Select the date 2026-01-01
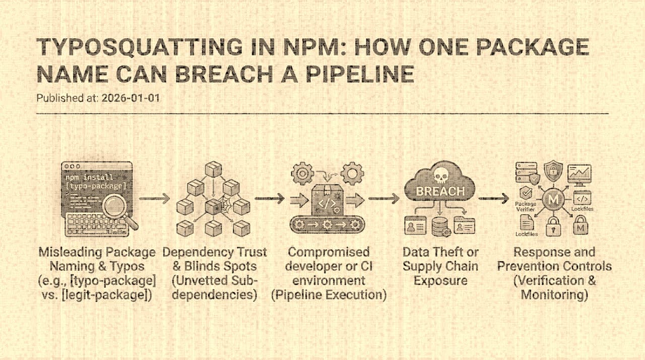[x=130, y=98]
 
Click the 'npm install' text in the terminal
[x=89, y=177]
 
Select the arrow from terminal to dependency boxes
[x=154, y=199]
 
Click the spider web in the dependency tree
[x=213, y=206]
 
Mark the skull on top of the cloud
[x=440, y=174]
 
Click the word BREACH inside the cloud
[x=440, y=192]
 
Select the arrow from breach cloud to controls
[x=493, y=199]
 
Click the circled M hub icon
[x=553, y=200]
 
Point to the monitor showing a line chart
[x=580, y=174]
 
